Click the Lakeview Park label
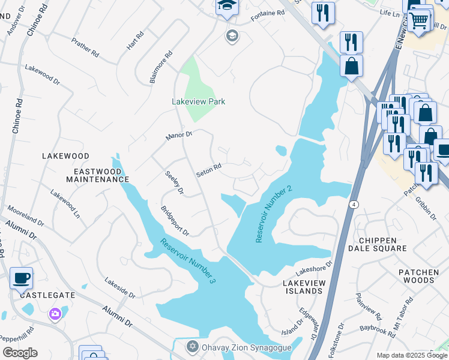click(x=198, y=101)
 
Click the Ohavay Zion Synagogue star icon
click(x=192, y=347)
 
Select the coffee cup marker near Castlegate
click(x=22, y=278)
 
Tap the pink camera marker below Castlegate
click(x=55, y=313)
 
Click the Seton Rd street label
click(x=209, y=170)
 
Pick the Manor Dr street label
click(x=179, y=136)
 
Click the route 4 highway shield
click(x=355, y=205)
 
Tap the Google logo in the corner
click(x=20, y=353)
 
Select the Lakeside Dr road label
click(x=119, y=287)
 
